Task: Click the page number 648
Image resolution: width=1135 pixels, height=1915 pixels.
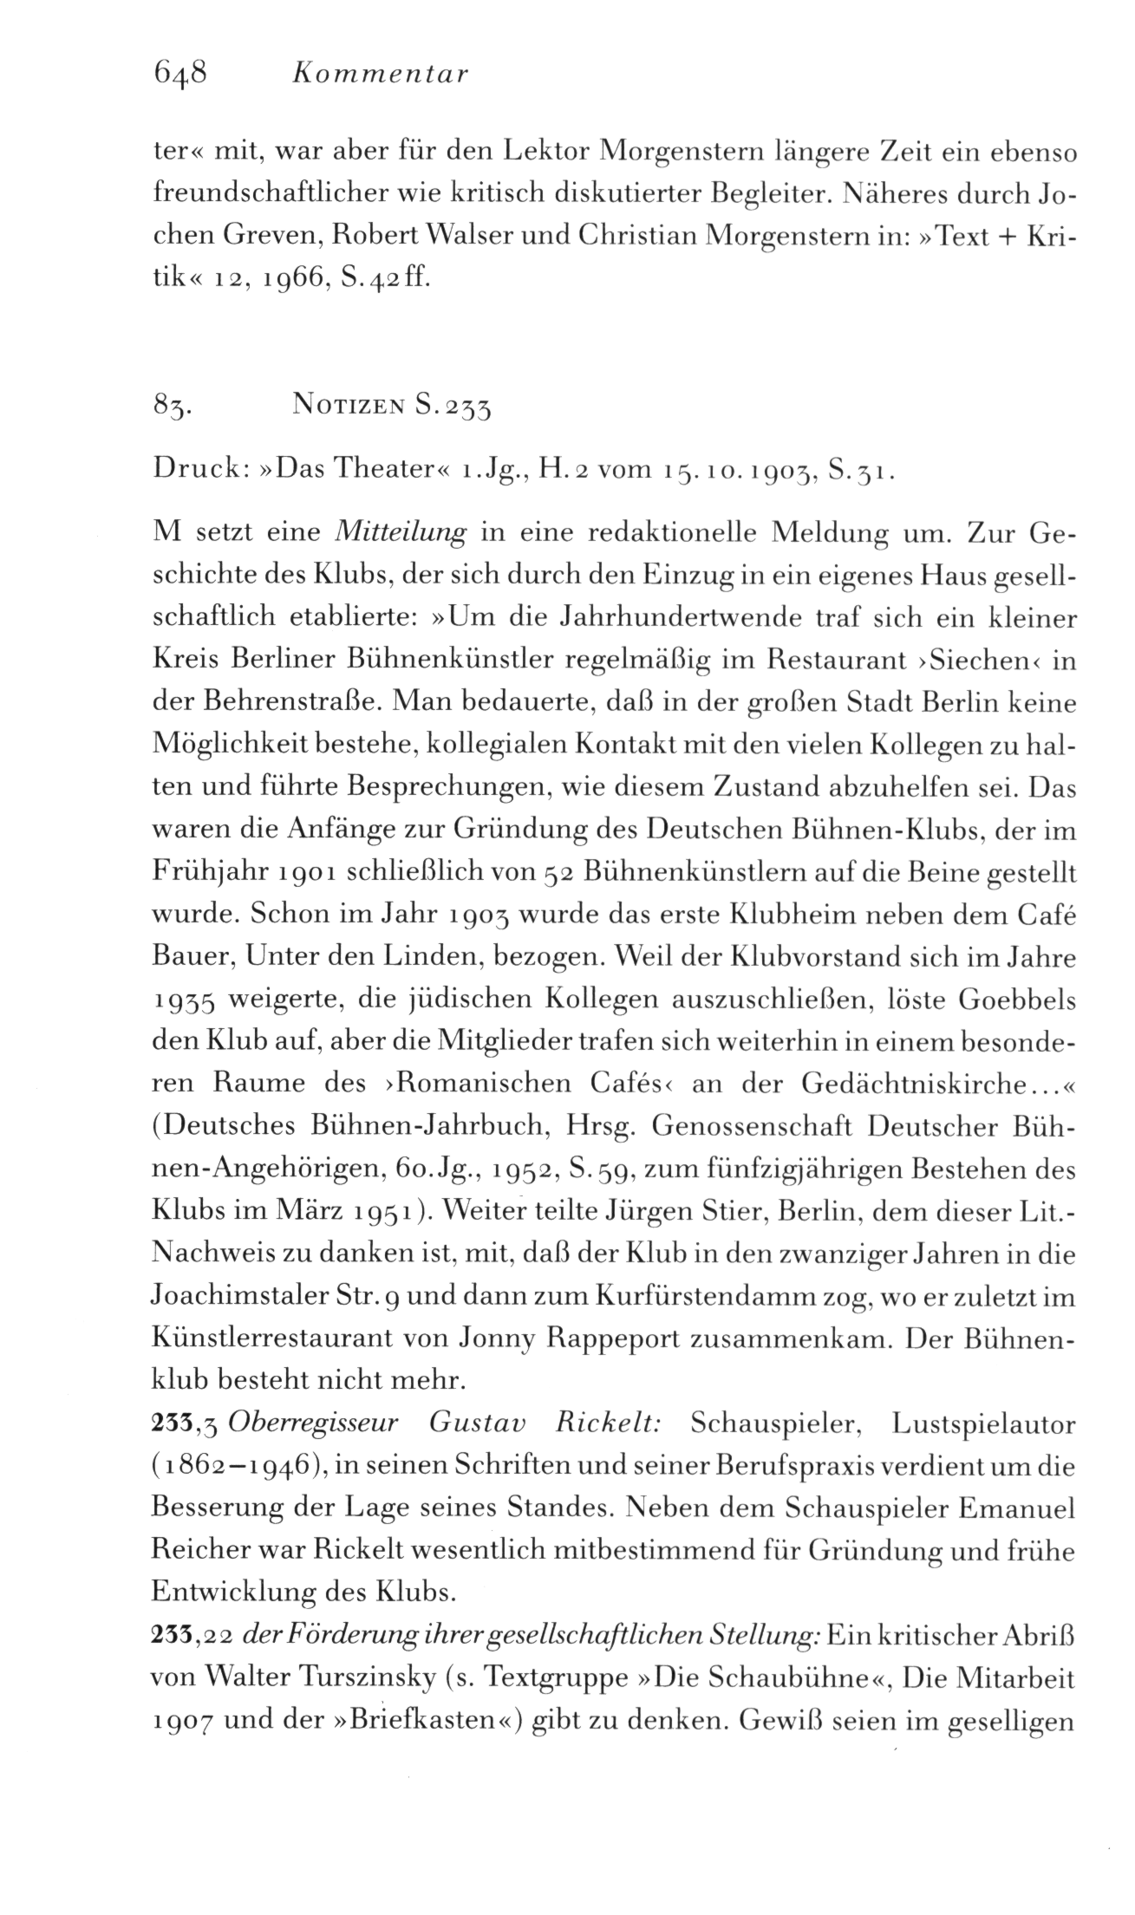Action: [180, 74]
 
